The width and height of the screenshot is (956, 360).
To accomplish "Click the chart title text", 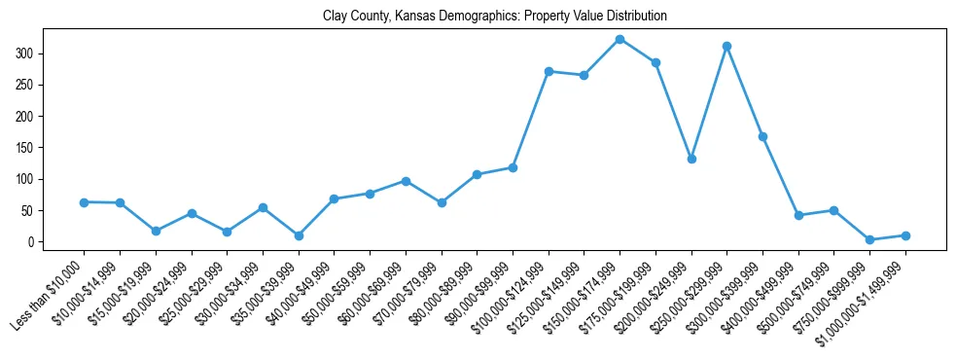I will [x=495, y=17].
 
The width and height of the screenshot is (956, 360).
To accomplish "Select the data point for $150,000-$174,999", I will [x=620, y=39].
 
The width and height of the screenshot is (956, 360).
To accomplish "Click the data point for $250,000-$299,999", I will [x=726, y=46].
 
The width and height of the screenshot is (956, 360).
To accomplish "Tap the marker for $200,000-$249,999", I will [x=691, y=159].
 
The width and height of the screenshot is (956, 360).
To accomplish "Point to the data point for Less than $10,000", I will [x=84, y=202].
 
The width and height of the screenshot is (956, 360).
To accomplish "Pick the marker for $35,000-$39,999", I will [x=299, y=235].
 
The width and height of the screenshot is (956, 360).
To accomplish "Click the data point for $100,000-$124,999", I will [x=549, y=71].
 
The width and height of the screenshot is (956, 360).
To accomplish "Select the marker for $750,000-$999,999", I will [x=869, y=239].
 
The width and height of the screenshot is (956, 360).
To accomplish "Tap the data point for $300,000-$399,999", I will [x=762, y=136].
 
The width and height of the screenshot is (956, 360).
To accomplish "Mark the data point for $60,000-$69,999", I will [x=406, y=181].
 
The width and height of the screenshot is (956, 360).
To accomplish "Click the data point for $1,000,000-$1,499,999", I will [x=905, y=235].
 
